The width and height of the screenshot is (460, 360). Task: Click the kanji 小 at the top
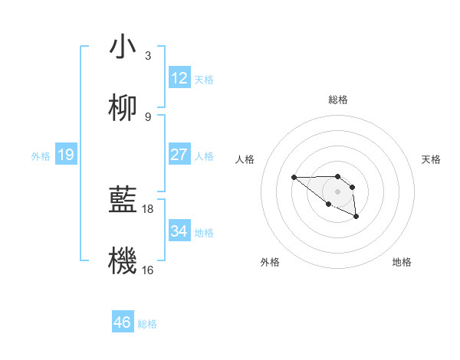pyautogui.click(x=123, y=47)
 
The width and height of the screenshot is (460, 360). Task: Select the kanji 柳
pyautogui.click(x=123, y=109)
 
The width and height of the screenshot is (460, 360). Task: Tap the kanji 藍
pyautogui.click(x=123, y=201)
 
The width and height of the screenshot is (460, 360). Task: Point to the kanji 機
pyautogui.click(x=123, y=262)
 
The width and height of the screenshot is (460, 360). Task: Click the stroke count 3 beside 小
pyautogui.click(x=147, y=55)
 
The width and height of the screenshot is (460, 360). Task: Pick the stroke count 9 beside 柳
pyautogui.click(x=147, y=116)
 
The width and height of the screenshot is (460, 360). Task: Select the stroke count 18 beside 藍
pyautogui.click(x=149, y=208)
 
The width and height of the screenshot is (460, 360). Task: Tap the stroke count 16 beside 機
pyautogui.click(x=149, y=270)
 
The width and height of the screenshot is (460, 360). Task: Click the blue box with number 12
pyautogui.click(x=179, y=78)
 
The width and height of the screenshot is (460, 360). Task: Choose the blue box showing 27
pyautogui.click(x=179, y=155)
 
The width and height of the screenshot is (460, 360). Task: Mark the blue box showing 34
pyautogui.click(x=179, y=231)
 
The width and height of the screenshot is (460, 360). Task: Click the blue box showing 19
pyautogui.click(x=65, y=155)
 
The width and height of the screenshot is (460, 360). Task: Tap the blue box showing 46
pyautogui.click(x=122, y=322)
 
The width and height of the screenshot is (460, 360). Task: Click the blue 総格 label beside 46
pyautogui.click(x=147, y=324)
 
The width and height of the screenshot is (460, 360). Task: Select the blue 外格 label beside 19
pyautogui.click(x=41, y=156)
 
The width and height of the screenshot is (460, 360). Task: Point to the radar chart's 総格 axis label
pyautogui.click(x=338, y=100)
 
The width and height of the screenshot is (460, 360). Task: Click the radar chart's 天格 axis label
pyautogui.click(x=431, y=159)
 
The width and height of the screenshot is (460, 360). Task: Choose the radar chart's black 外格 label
pyautogui.click(x=270, y=262)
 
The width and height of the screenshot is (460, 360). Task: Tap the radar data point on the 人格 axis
pyautogui.click(x=294, y=178)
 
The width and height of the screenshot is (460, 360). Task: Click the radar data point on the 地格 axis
pyautogui.click(x=356, y=217)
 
